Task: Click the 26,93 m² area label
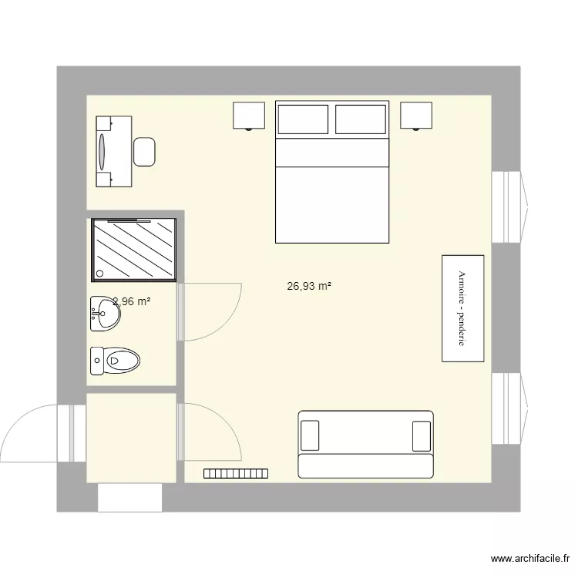pos(309,286)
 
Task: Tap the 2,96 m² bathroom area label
pos(131,301)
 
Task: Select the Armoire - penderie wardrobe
pos(462,307)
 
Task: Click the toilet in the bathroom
pos(116,358)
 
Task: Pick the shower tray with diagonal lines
pos(134,249)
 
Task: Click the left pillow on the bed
pos(303,119)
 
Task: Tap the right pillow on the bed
pos(360,119)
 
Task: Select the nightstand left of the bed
pos(249,115)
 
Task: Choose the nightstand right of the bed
pos(416,115)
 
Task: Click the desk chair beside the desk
pos(145,151)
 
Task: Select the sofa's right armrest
pos(422,435)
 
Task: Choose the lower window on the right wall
pos(508,408)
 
